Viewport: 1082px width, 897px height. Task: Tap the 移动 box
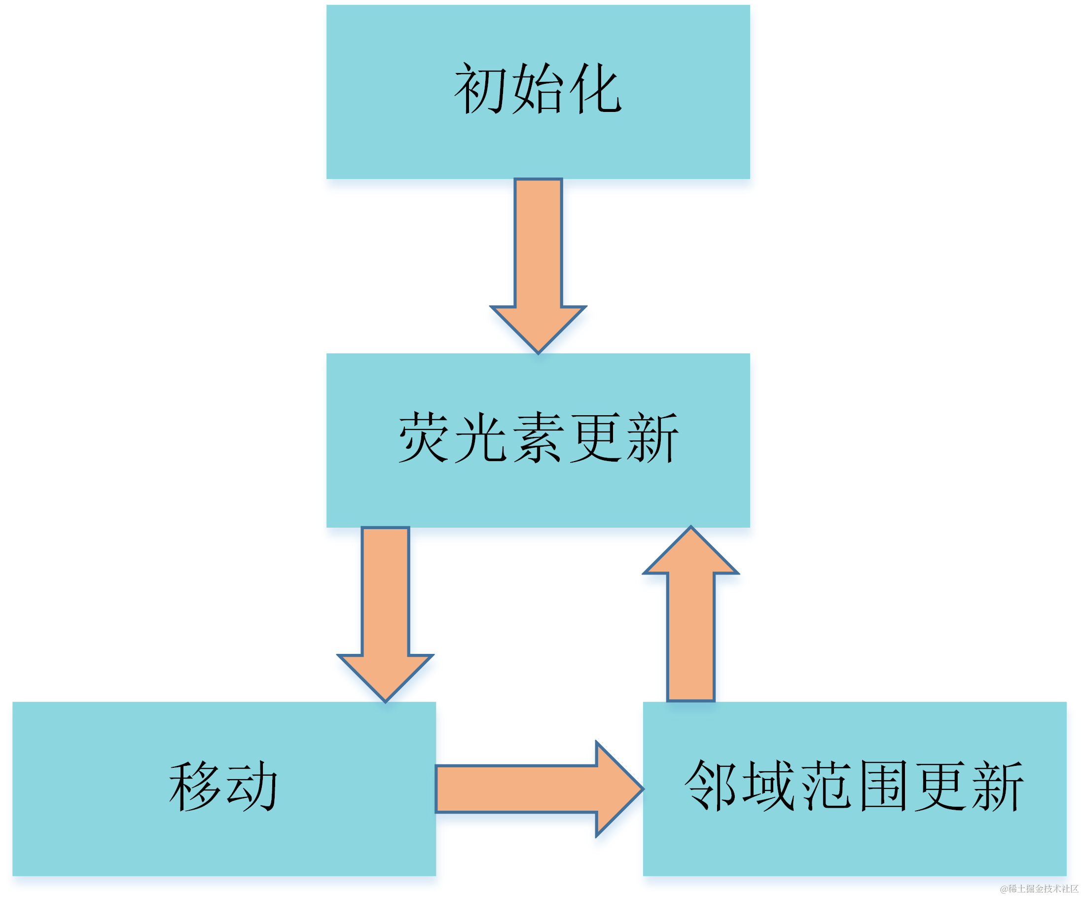click(x=224, y=845)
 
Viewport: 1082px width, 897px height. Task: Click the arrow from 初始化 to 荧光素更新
click(x=538, y=257)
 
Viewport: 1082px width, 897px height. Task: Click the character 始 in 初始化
click(x=538, y=89)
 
